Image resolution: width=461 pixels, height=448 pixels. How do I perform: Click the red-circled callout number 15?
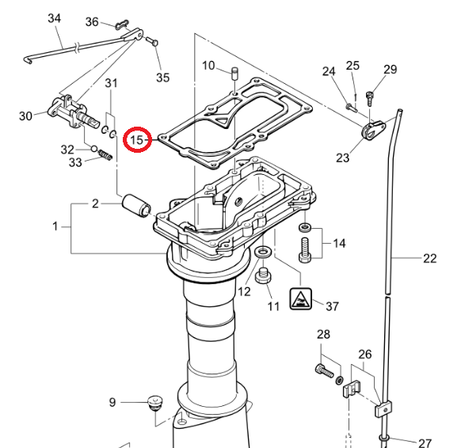pyautogui.click(x=139, y=140)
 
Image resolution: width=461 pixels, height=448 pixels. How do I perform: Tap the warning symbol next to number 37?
pyautogui.click(x=300, y=300)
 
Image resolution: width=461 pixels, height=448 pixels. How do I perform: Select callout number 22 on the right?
pyautogui.click(x=429, y=258)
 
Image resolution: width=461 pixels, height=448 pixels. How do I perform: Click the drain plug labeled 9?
pyautogui.click(x=153, y=401)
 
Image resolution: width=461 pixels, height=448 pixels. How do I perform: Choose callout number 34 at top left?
pyautogui.click(x=54, y=17)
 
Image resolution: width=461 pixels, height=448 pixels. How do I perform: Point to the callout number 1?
pyautogui.click(x=55, y=226)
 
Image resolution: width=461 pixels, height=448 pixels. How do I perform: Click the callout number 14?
pyautogui.click(x=339, y=243)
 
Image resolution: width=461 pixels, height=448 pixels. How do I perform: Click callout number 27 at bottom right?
pyautogui.click(x=425, y=442)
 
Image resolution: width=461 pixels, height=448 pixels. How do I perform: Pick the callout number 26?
pyautogui.click(x=364, y=354)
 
